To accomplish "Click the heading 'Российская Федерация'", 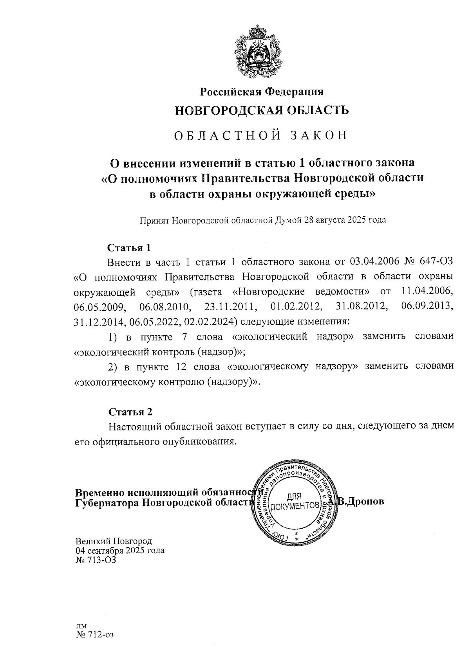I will (x=262, y=92).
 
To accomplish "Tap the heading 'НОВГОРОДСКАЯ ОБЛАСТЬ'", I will (x=262, y=111).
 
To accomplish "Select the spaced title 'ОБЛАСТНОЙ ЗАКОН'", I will (x=260, y=135).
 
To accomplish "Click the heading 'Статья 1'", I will (x=129, y=248).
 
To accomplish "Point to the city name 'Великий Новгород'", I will (x=114, y=542).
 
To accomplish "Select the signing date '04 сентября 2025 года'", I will (x=120, y=551).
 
